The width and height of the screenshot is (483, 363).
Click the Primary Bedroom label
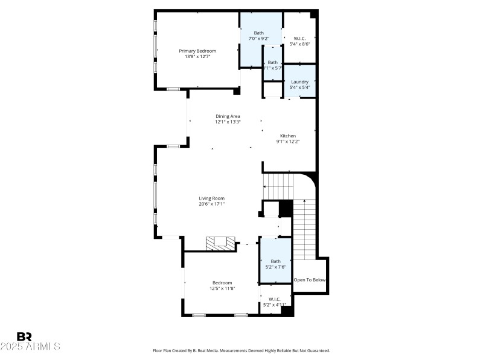(197, 51)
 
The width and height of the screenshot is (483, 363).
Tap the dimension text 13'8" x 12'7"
(197, 57)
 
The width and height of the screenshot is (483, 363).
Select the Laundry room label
(299, 82)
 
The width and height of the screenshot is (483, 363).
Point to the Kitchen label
(287, 136)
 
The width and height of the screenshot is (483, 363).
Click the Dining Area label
(228, 116)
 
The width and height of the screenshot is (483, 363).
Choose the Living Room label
(212, 198)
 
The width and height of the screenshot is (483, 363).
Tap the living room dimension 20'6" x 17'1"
(212, 204)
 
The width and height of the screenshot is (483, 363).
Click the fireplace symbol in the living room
(220, 243)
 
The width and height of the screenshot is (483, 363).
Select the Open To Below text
(310, 280)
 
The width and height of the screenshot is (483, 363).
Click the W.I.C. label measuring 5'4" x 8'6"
(299, 38)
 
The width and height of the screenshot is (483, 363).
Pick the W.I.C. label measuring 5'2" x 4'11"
(274, 299)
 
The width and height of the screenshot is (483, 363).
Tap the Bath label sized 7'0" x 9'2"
(258, 33)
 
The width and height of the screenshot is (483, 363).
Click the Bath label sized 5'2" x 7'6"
(275, 261)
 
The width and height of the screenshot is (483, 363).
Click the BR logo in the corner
(24, 336)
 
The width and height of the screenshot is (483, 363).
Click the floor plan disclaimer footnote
(241, 350)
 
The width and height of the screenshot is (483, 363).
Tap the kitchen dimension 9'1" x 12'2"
(288, 142)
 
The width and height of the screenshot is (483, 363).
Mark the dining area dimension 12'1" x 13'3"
(228, 122)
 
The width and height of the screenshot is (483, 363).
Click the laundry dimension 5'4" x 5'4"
(299, 88)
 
